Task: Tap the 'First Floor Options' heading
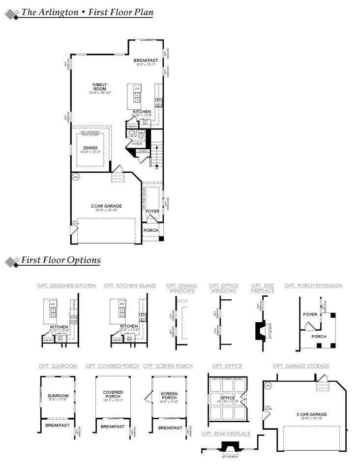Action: click(61, 260)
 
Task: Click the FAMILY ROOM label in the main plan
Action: click(100, 87)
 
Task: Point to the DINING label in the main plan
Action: click(90, 148)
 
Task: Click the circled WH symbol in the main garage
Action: click(76, 177)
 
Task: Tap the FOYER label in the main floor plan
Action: click(152, 212)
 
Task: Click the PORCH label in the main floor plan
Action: click(151, 230)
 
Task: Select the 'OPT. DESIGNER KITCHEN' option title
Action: click(66, 285)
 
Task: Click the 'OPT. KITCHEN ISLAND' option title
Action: click(130, 285)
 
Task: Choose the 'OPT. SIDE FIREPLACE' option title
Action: click(263, 288)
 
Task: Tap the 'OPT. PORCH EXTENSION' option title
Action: click(314, 285)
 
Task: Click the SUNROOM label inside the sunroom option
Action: click(58, 396)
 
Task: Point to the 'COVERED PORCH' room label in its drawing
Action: click(113, 394)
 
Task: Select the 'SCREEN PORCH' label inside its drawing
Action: click(169, 396)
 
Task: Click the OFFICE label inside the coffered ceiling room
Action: click(227, 398)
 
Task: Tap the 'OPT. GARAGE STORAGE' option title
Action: click(301, 366)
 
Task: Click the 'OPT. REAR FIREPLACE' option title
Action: click(226, 434)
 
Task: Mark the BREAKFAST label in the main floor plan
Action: click(146, 61)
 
